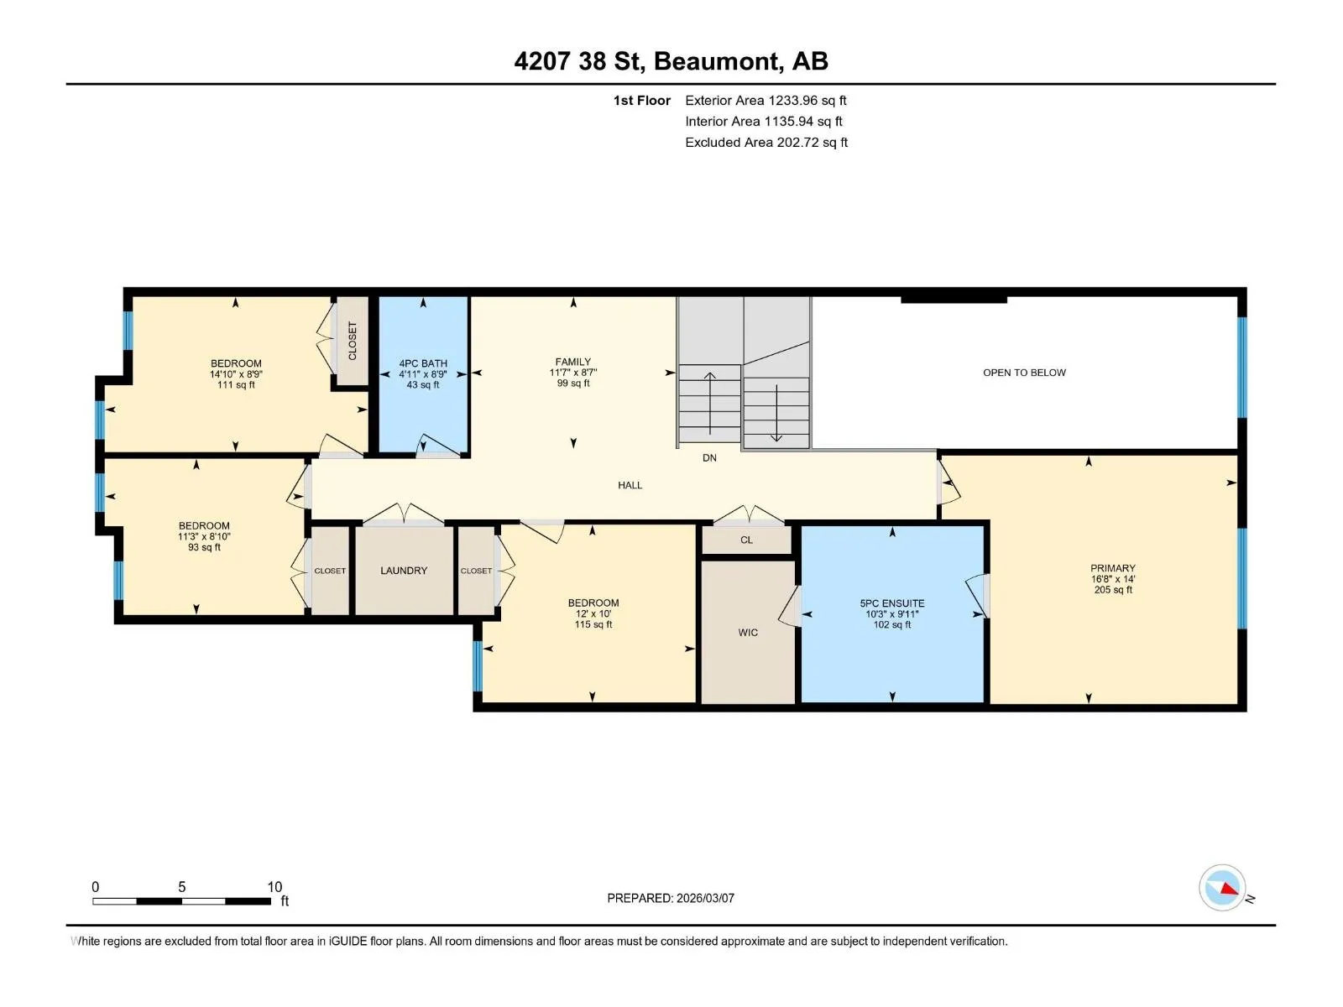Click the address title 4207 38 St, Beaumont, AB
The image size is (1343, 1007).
coord(671,61)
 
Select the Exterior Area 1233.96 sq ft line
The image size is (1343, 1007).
coord(766,100)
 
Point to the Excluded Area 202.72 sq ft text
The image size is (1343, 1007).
coord(766,143)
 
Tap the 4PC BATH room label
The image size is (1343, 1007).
coord(423,363)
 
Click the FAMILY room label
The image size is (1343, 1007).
coord(572,362)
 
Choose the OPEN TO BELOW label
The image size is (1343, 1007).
coord(1024,373)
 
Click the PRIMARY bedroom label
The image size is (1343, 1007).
coord(1112,568)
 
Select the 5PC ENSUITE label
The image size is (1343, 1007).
coord(891,603)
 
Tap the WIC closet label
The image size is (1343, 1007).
coord(748,633)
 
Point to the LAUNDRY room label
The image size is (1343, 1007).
coord(404,571)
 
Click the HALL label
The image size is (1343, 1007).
coord(630,486)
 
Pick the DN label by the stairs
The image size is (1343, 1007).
coord(709,458)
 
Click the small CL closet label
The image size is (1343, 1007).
coord(746,540)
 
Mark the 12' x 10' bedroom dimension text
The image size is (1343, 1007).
coord(593,614)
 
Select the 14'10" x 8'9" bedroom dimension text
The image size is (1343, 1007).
coord(236,374)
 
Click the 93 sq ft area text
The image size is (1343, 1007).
coord(204,547)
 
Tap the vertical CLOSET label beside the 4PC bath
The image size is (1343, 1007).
coord(353,341)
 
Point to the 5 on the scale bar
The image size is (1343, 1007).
coord(181,886)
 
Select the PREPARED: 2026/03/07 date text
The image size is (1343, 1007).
coord(671,898)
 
